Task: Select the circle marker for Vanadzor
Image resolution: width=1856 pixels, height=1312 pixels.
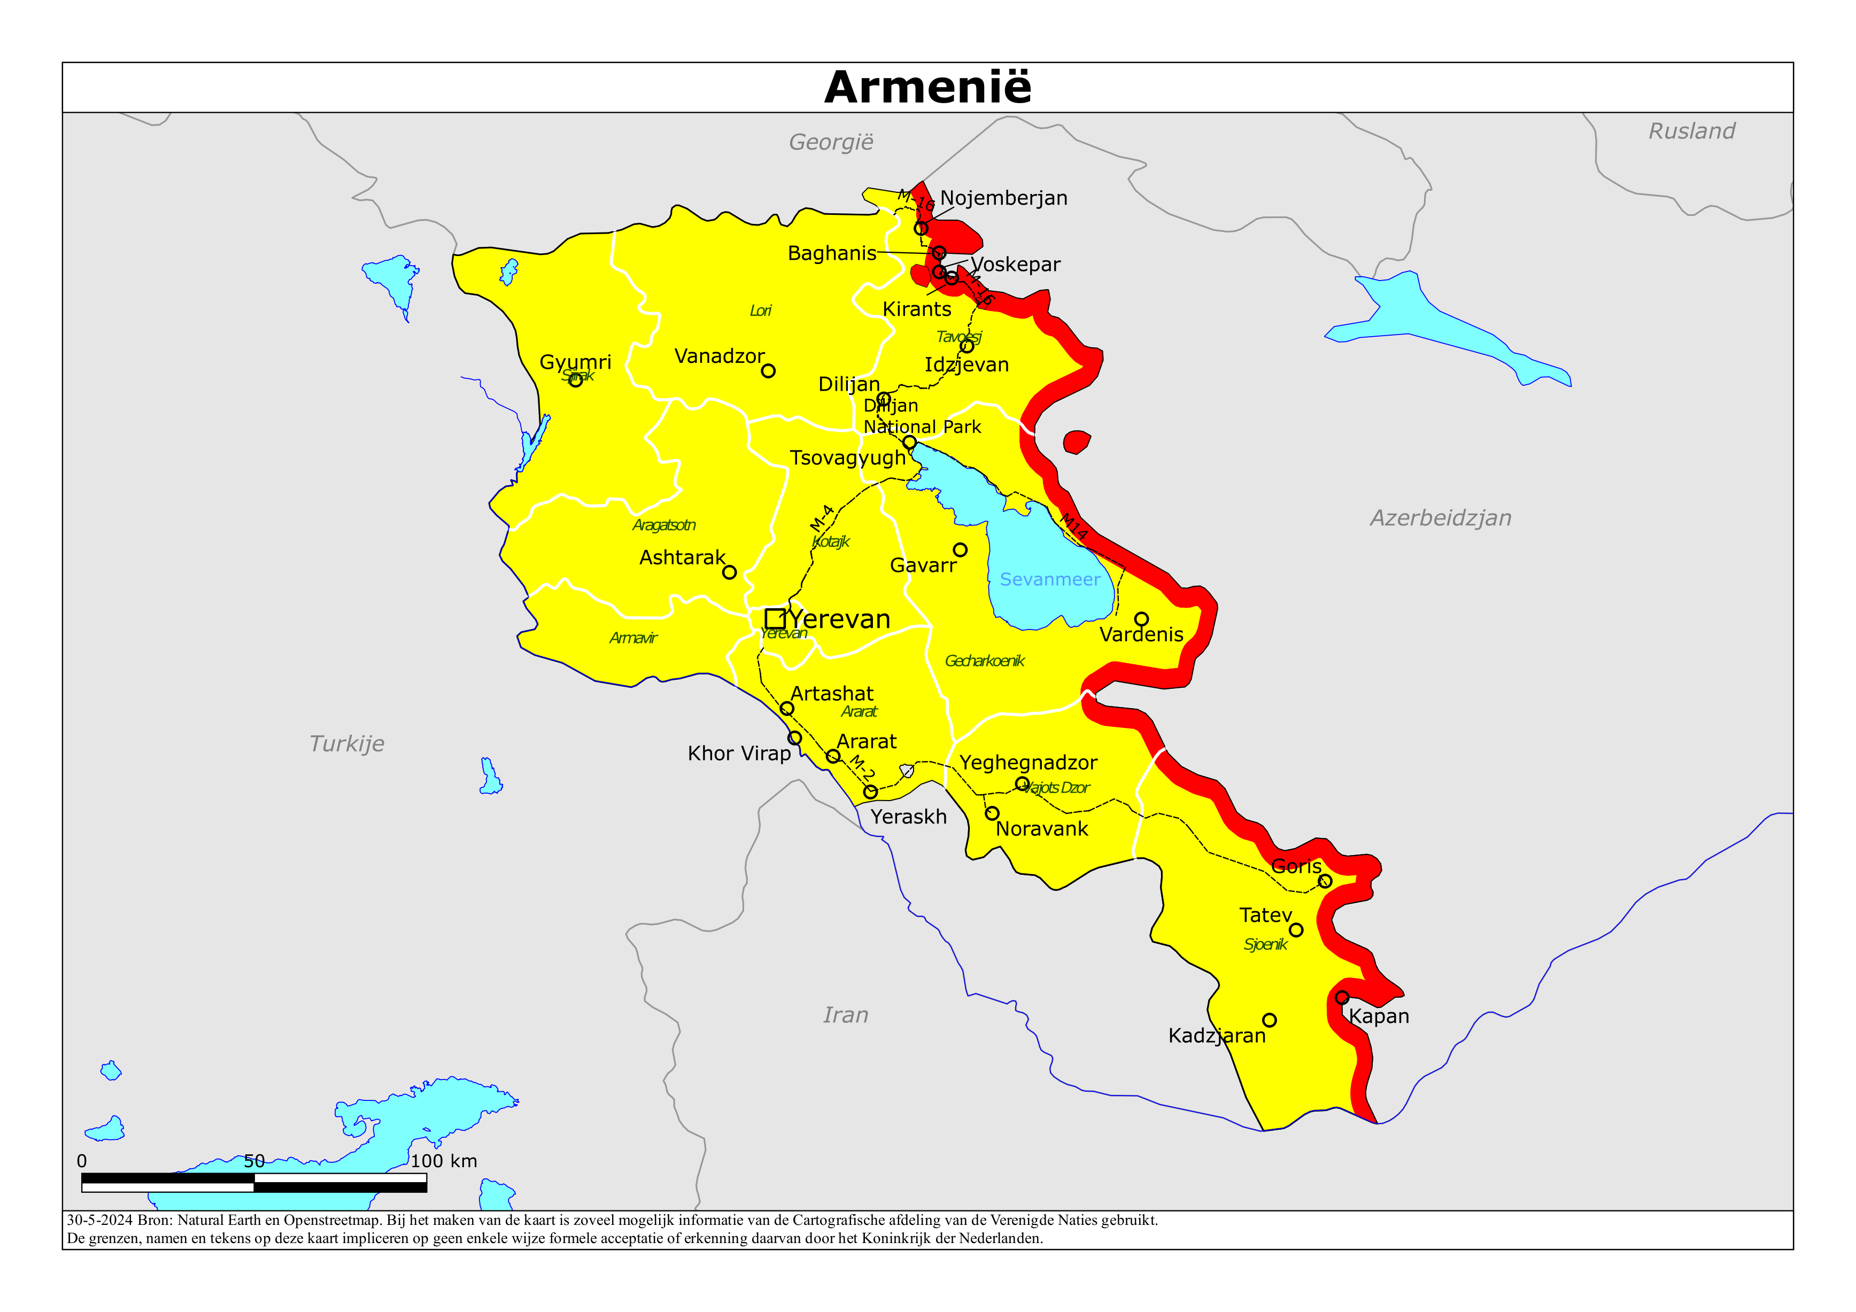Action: pyautogui.click(x=768, y=371)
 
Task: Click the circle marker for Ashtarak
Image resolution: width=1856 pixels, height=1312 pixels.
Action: pyautogui.click(x=729, y=572)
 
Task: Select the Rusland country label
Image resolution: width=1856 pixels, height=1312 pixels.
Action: pyautogui.click(x=1691, y=131)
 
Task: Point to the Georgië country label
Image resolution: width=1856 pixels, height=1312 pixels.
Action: pyautogui.click(x=831, y=142)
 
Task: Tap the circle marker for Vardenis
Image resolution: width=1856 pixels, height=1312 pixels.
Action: pyautogui.click(x=1141, y=619)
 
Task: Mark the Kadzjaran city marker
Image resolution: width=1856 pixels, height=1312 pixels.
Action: pyautogui.click(x=1269, y=1020)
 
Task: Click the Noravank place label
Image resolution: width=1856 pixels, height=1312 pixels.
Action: pyautogui.click(x=1041, y=828)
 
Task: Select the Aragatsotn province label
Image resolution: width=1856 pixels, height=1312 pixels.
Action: pyautogui.click(x=664, y=525)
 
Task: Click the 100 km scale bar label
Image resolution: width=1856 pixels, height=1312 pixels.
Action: pyautogui.click(x=444, y=1161)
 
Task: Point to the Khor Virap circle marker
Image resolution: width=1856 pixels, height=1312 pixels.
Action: pyautogui.click(x=794, y=738)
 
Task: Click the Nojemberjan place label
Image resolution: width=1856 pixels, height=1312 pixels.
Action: pyautogui.click(x=1003, y=198)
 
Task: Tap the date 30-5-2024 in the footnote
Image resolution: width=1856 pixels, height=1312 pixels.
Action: pyautogui.click(x=99, y=1220)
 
